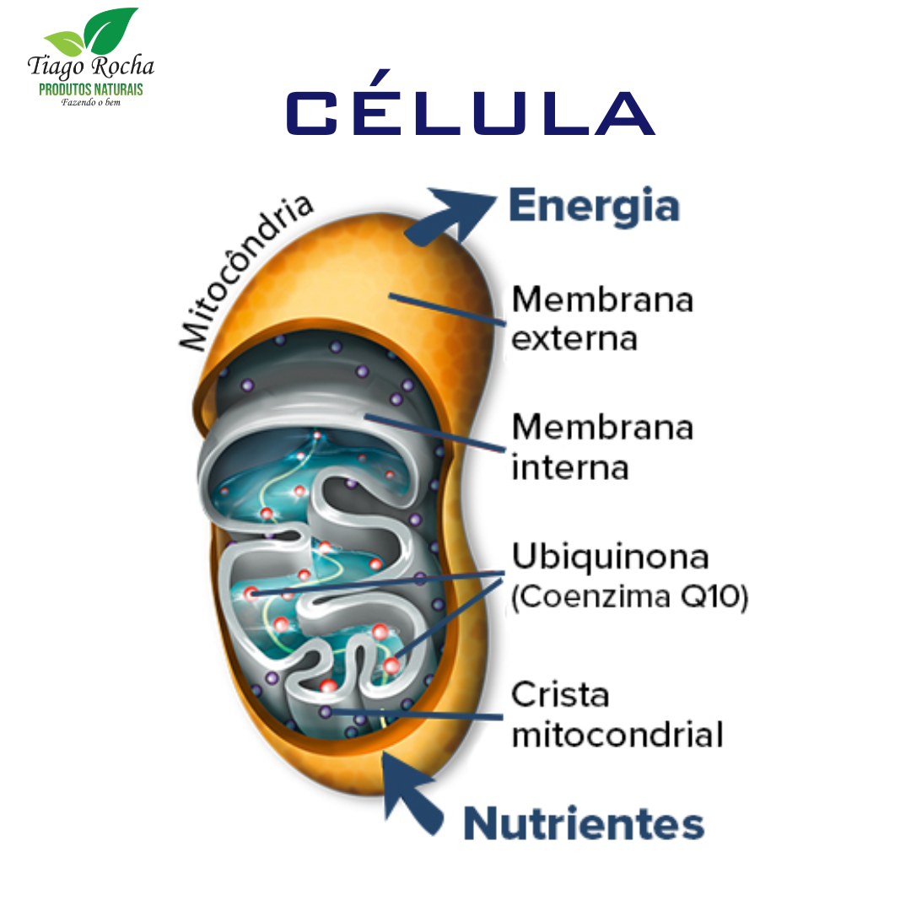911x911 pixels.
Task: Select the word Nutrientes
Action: (584, 823)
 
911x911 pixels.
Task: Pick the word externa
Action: (574, 339)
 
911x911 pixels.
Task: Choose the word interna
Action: (570, 467)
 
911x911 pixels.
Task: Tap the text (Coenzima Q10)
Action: (629, 598)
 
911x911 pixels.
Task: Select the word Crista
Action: (560, 695)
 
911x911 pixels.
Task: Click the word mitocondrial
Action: (617, 735)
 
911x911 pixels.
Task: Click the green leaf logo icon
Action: (91, 35)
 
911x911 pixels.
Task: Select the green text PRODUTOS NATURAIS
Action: (91, 89)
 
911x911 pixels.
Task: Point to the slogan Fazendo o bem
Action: (91, 104)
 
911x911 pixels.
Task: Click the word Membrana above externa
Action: (602, 300)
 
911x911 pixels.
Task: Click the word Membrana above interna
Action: (602, 428)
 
